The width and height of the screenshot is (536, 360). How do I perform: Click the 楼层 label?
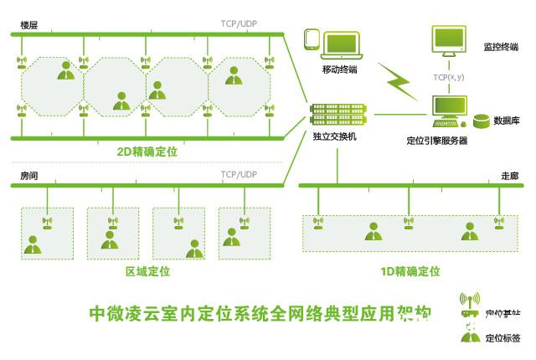tap(29, 25)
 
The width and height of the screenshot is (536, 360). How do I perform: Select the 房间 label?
tap(29, 177)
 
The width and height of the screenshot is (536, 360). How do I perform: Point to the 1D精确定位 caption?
tap(410, 271)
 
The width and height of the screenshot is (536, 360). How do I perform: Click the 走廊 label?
tap(509, 177)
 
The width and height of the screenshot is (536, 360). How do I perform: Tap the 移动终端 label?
tap(340, 69)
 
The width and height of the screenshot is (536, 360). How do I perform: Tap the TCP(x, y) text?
tap(449, 77)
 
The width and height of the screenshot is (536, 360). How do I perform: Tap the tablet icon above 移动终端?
tap(312, 42)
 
